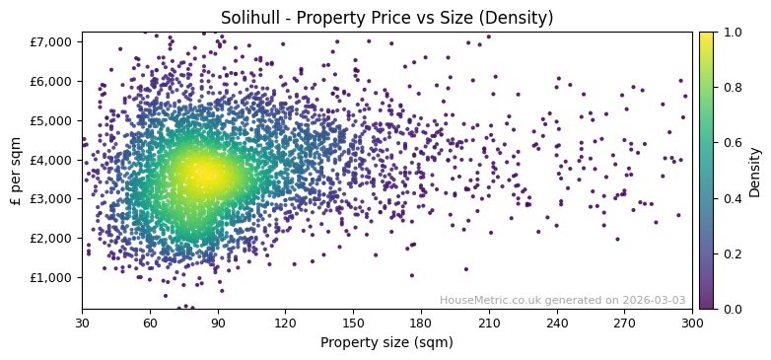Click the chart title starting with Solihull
point(386,18)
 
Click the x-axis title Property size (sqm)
point(386,343)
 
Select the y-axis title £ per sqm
point(16,171)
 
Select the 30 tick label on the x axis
point(82,323)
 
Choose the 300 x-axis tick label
point(692,323)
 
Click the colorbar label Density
point(755,171)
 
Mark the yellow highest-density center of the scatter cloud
point(204,175)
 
